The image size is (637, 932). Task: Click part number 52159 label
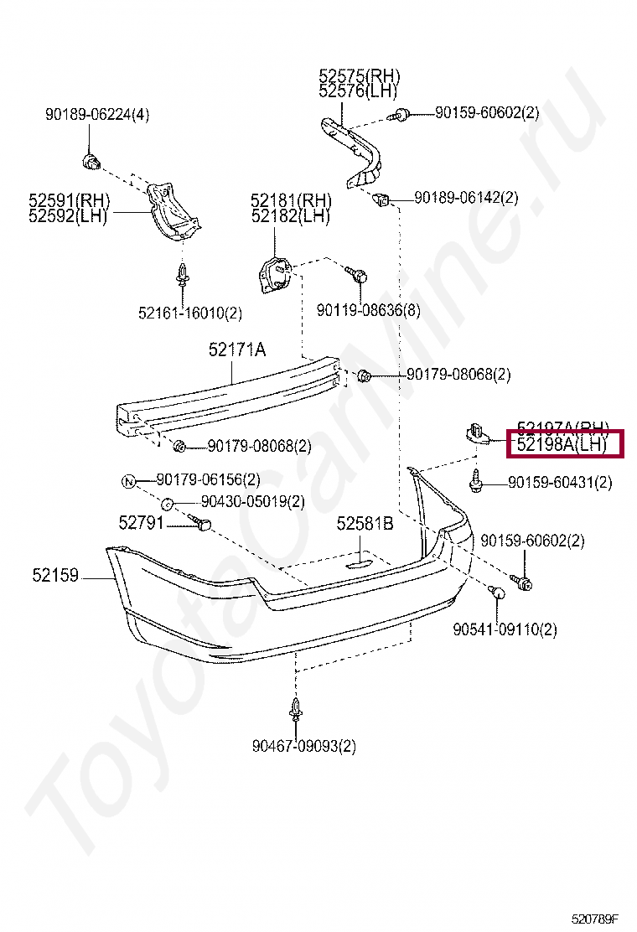pyautogui.click(x=55, y=576)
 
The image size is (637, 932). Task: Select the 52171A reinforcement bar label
pyautogui.click(x=237, y=350)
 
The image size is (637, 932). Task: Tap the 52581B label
pyautogui.click(x=365, y=525)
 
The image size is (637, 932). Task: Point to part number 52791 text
pyautogui.click(x=142, y=523)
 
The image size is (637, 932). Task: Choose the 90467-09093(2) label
pyautogui.click(x=303, y=745)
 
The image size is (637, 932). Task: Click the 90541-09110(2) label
pyautogui.click(x=505, y=629)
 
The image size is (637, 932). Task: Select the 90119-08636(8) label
pyautogui.click(x=368, y=311)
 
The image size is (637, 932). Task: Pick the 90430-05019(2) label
pyautogui.click(x=251, y=502)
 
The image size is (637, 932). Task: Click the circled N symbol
pyautogui.click(x=129, y=481)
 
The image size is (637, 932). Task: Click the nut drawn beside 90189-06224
pyautogui.click(x=91, y=159)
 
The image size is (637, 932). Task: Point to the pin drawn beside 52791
pyautogui.click(x=203, y=524)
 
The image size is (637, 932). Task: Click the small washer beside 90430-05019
pyautogui.click(x=167, y=503)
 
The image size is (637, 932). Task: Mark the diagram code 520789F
pyautogui.click(x=600, y=919)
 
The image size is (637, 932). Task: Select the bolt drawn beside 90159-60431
pyautogui.click(x=476, y=482)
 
